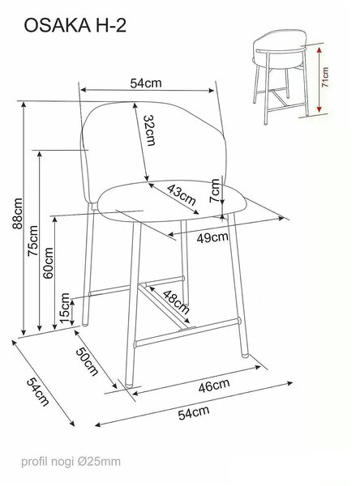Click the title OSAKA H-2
75,25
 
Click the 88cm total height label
18,214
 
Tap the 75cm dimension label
33,241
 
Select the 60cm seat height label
48,262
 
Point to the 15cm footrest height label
65,308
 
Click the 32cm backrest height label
150,130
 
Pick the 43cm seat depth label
182,194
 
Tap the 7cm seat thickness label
215,190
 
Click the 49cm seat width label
212,237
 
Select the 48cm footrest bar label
176,301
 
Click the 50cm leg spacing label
88,361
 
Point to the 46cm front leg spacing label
214,386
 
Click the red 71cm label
324,77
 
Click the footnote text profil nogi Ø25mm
71,462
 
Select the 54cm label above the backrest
146,83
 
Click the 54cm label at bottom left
38,391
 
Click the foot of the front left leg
127,385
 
